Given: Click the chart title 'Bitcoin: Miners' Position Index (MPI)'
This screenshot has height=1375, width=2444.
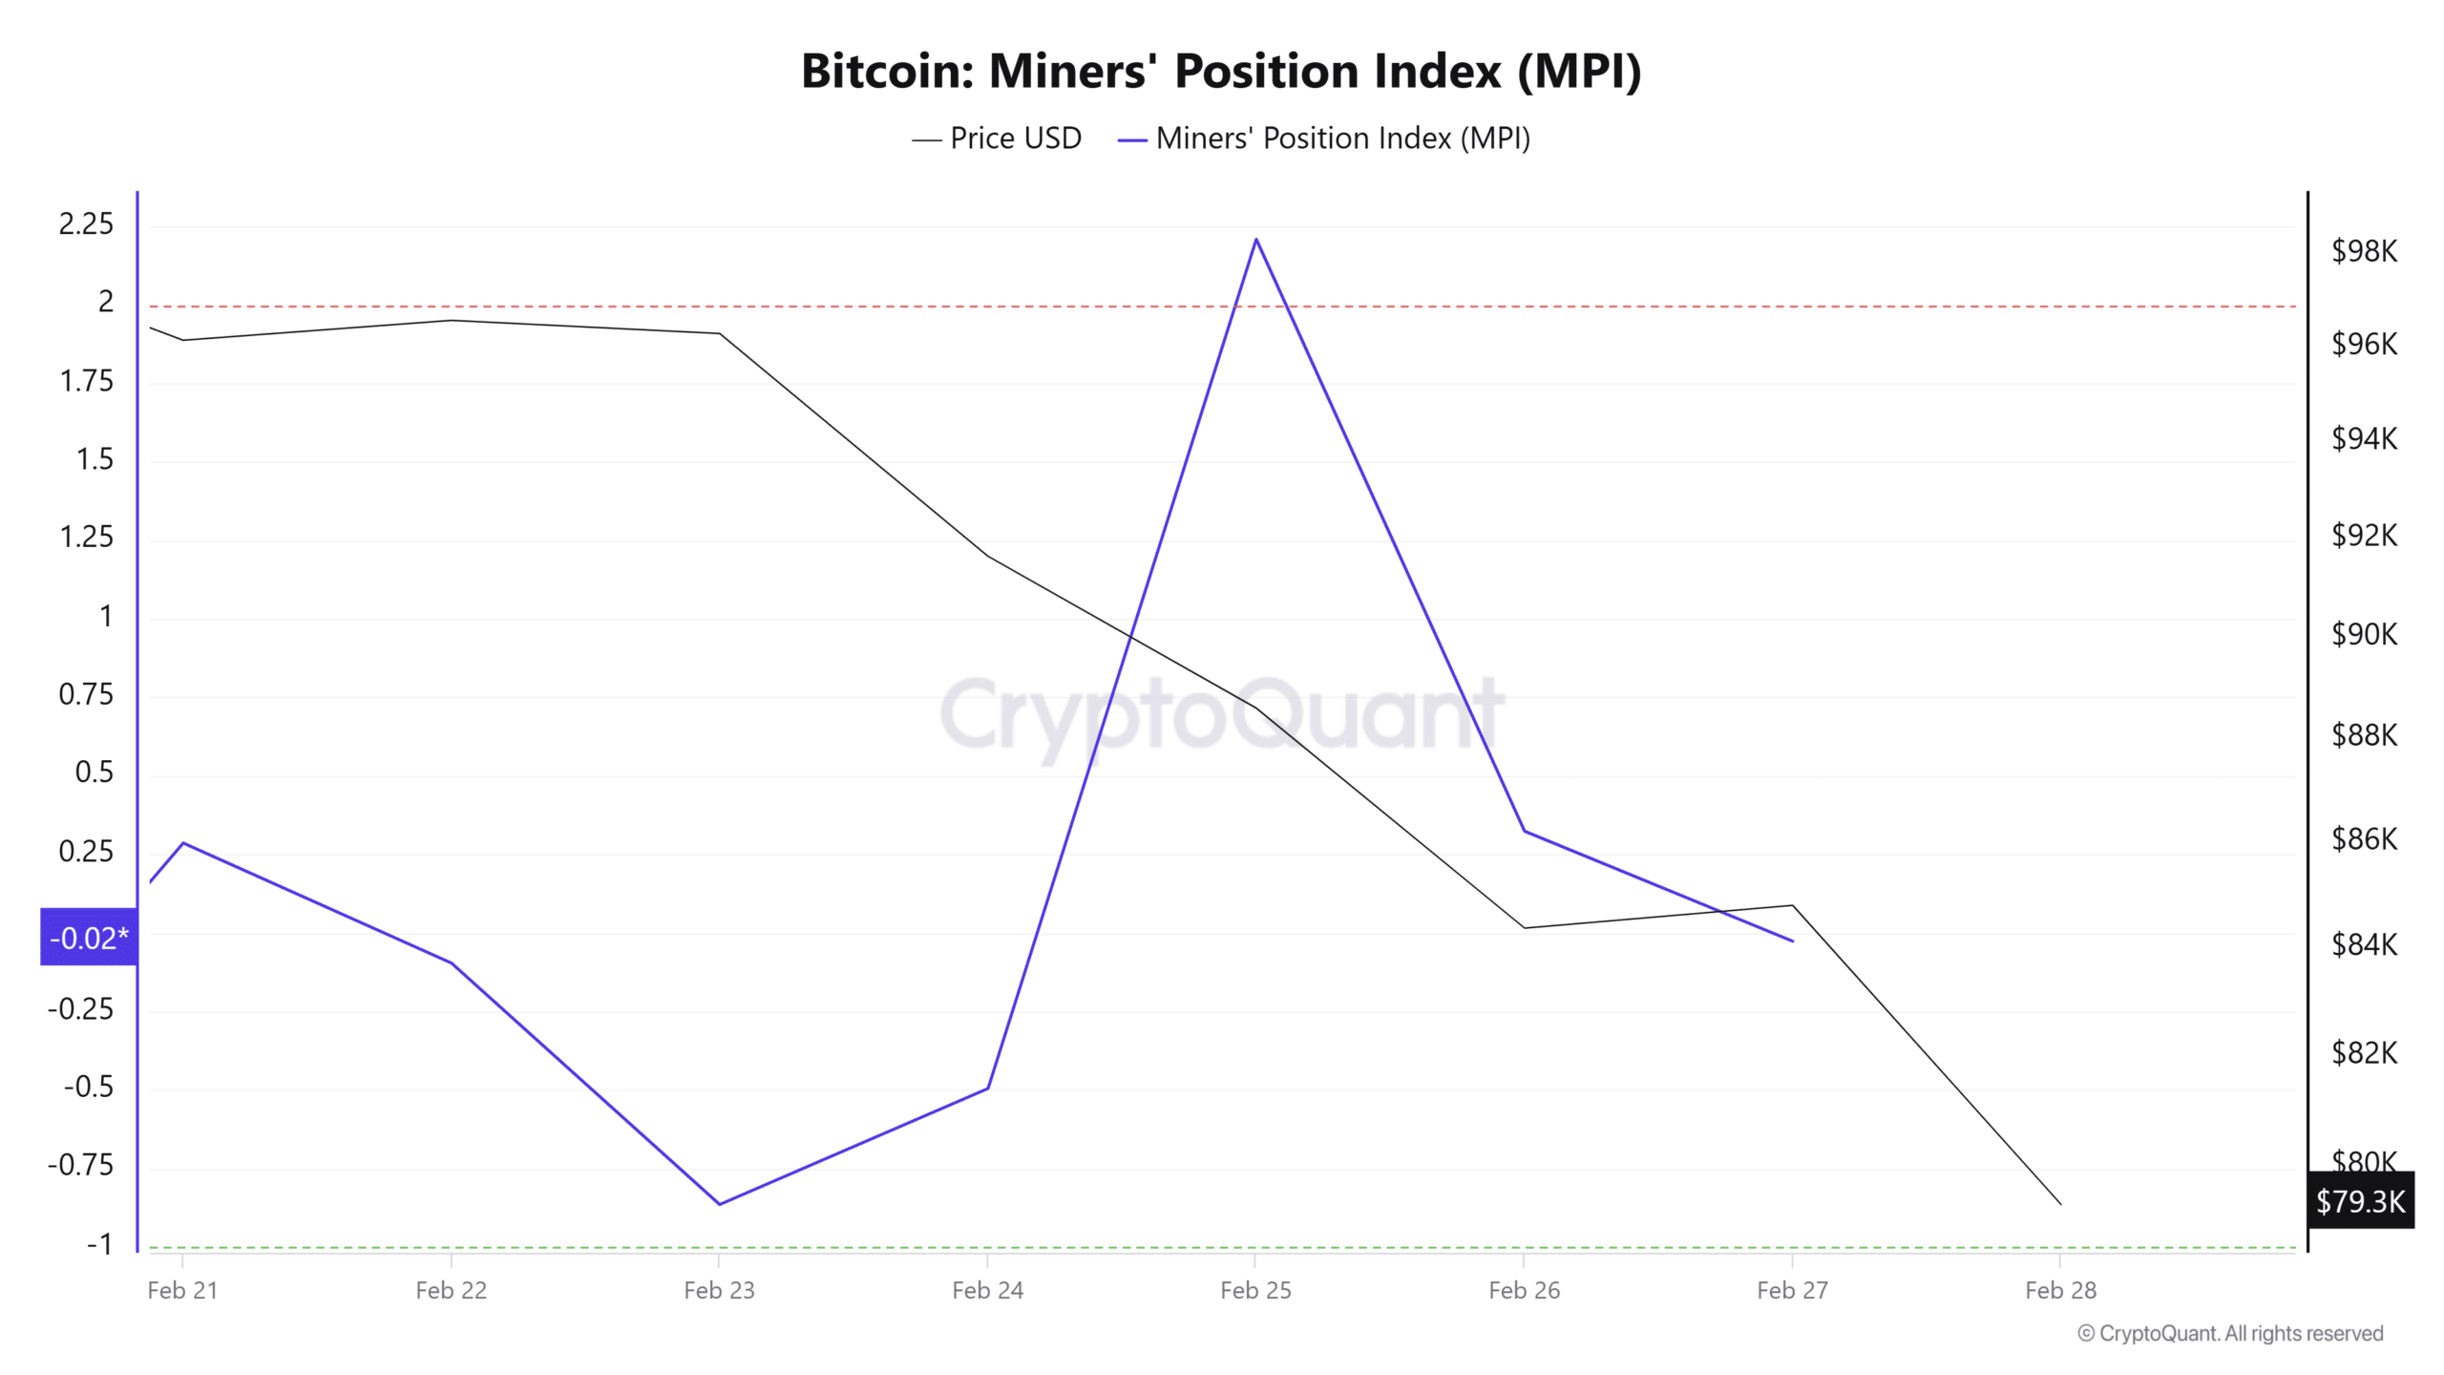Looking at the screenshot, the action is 1221,72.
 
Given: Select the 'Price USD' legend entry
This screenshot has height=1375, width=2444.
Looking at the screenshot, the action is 997,138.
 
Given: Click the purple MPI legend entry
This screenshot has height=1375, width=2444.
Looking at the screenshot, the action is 1324,138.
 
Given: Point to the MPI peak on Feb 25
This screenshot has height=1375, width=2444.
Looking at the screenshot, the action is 1256,239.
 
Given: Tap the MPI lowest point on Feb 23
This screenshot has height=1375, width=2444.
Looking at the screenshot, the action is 719,1204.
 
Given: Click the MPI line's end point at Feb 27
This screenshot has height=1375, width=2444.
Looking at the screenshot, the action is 1793,941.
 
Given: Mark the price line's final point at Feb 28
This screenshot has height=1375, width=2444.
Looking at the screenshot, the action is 2061,1204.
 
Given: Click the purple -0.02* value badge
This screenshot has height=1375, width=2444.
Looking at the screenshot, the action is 89,937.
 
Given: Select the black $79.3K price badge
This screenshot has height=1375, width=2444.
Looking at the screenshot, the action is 2361,1200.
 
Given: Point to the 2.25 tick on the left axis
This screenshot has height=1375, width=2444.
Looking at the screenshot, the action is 86,224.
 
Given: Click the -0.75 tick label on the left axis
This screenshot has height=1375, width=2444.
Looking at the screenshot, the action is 80,1165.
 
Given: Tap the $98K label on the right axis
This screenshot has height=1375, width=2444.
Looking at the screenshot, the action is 2365,251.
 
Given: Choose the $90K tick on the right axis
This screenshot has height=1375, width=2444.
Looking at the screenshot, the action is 2365,634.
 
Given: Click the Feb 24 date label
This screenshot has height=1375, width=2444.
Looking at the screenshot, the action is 988,1291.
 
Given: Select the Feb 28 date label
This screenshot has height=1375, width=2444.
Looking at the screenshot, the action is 2061,1291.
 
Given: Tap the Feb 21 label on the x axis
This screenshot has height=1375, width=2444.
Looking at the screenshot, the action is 182,1291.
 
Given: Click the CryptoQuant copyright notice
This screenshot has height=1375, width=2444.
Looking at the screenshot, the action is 2230,1334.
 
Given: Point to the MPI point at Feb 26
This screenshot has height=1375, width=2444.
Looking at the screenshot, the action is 1525,831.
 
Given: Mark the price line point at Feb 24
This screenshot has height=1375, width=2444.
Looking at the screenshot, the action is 988,556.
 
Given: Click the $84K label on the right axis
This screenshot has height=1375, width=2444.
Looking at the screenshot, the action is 2365,944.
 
